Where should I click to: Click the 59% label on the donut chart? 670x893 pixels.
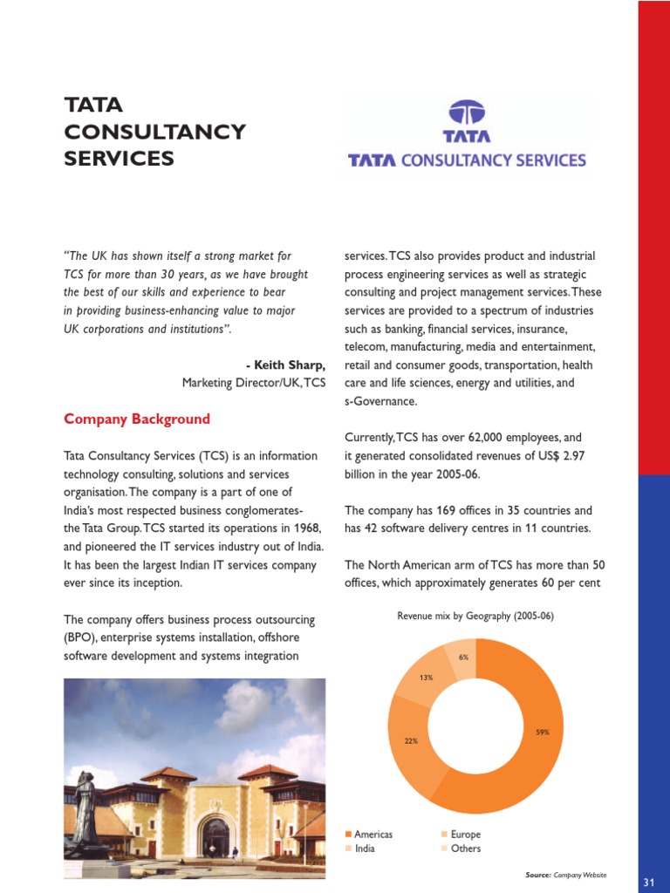543,733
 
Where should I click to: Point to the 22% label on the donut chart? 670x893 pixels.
411,740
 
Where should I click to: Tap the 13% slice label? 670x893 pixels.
426,677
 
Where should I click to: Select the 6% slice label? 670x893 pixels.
463,657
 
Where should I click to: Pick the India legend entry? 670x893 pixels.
365,849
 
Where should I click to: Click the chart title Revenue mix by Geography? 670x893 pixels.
475,616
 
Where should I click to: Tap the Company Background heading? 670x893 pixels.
137,419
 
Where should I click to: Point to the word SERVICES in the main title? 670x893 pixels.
120,159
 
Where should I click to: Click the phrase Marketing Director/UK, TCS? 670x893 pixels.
254,383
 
